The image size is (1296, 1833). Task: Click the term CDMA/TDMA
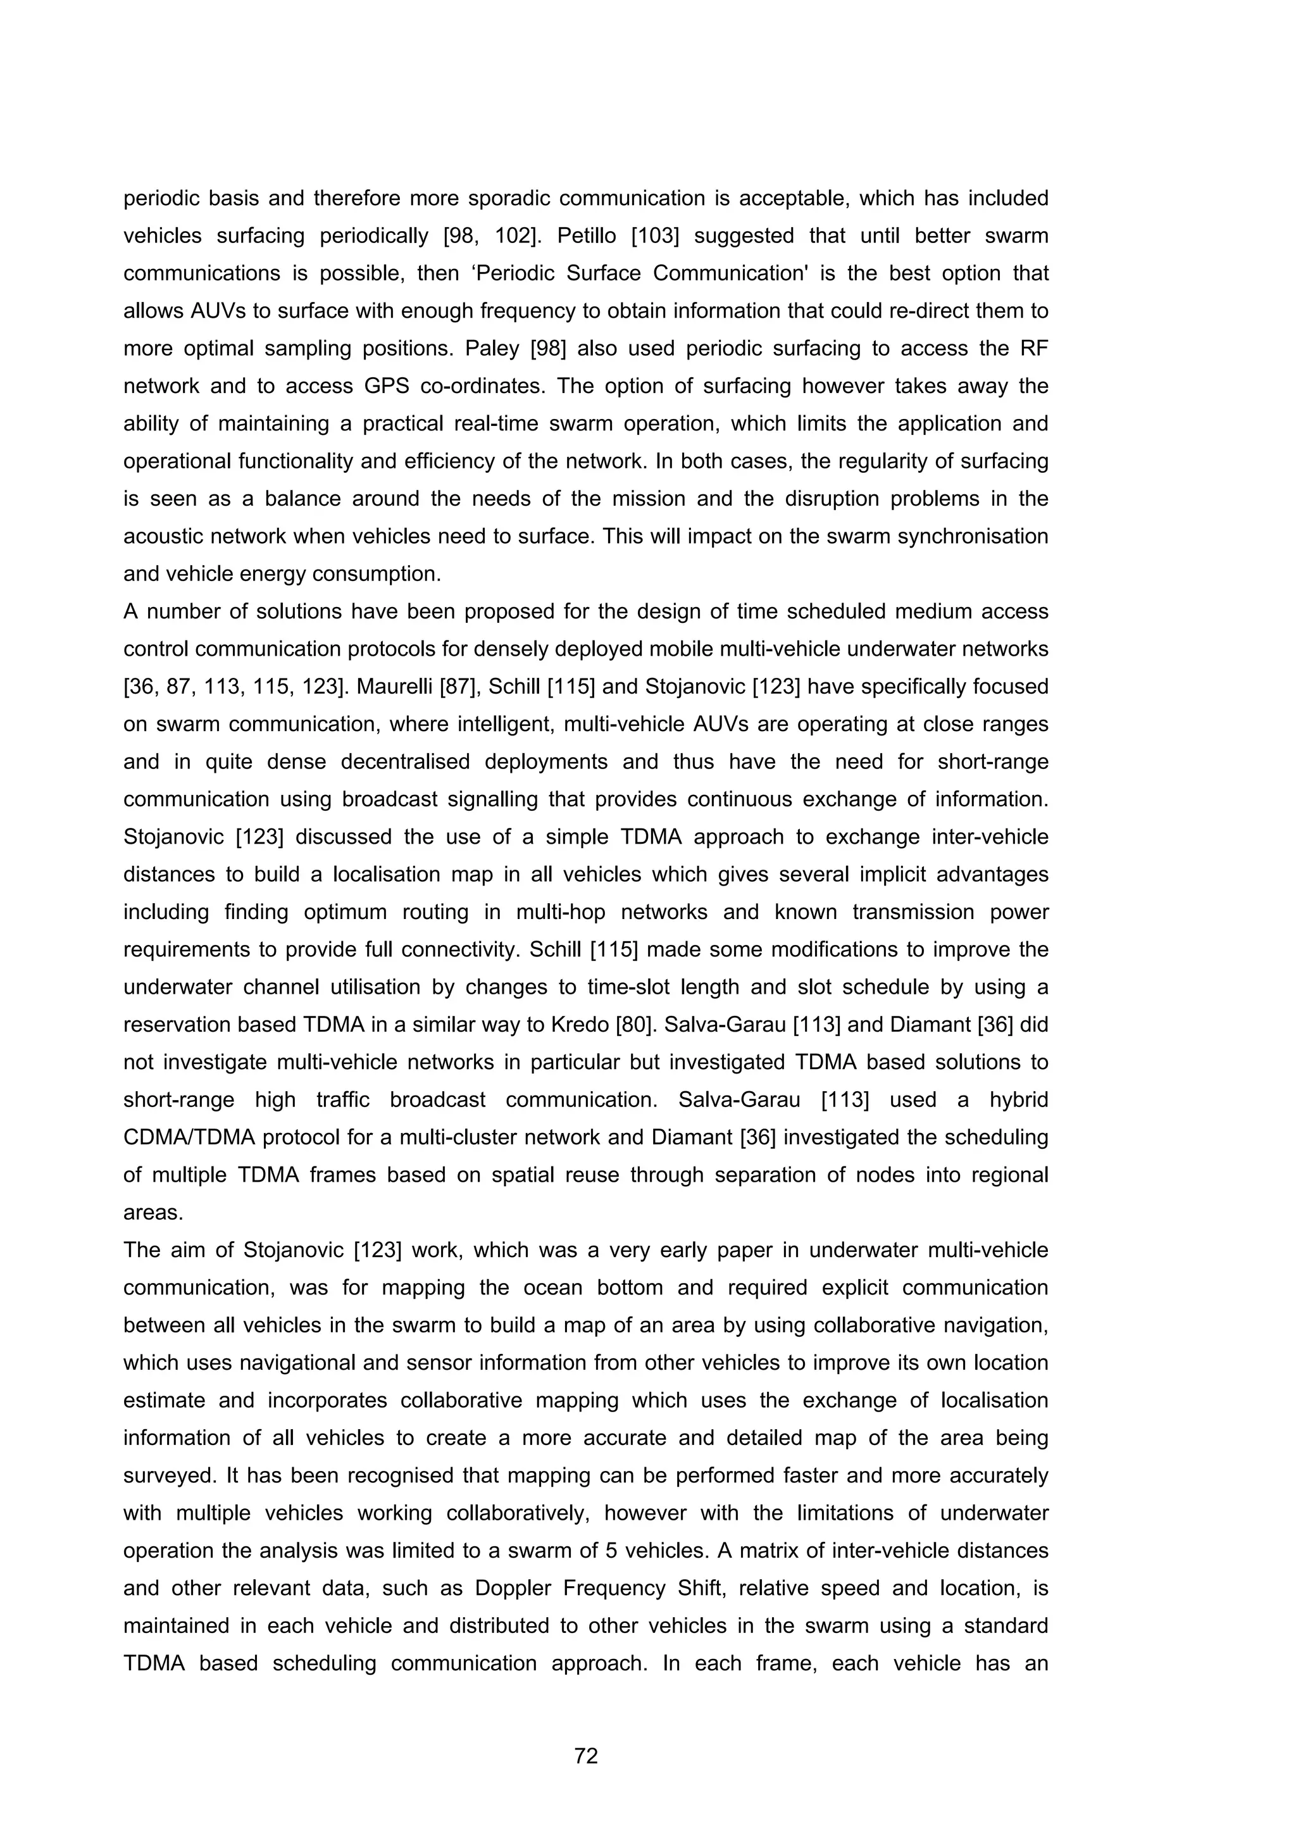tap(187, 1137)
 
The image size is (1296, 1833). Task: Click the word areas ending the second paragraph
tap(153, 1212)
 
